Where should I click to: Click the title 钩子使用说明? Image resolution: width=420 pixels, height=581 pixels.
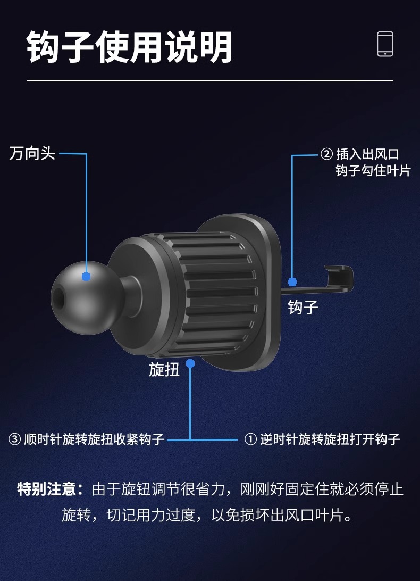pyautogui.click(x=130, y=47)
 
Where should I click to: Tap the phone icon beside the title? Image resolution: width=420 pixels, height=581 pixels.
pyautogui.click(x=385, y=44)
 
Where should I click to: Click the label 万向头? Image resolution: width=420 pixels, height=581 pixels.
pyautogui.click(x=32, y=154)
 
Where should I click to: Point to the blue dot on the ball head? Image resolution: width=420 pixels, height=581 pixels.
pyautogui.click(x=86, y=276)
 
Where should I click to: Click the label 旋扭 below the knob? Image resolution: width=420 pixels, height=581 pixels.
pyautogui.click(x=164, y=369)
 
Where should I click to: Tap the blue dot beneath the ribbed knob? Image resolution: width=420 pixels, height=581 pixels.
pyautogui.click(x=190, y=363)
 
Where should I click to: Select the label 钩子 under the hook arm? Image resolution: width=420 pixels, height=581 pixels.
pyautogui.click(x=303, y=307)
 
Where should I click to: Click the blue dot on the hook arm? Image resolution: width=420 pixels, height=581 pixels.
pyautogui.click(x=292, y=281)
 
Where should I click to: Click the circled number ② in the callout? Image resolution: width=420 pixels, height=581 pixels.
pyautogui.click(x=326, y=155)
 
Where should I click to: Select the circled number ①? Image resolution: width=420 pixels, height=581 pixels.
pyautogui.click(x=250, y=439)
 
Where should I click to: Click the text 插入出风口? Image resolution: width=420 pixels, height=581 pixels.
pyautogui.click(x=367, y=155)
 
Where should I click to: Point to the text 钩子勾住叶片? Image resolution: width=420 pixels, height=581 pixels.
pyautogui.click(x=373, y=171)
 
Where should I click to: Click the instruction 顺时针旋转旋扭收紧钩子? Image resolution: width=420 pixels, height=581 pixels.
pyautogui.click(x=95, y=439)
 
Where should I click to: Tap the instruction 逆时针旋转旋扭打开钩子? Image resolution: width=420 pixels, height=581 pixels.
pyautogui.click(x=330, y=439)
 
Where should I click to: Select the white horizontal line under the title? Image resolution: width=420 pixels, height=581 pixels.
pyautogui.click(x=210, y=80)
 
